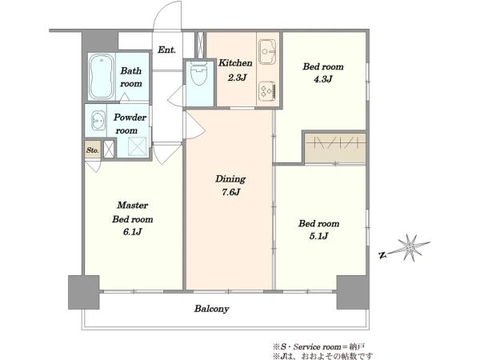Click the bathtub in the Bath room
[x=102, y=77]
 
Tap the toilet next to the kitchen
[x=199, y=74]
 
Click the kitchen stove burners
[x=267, y=90]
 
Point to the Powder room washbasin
[x=98, y=120]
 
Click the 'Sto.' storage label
[x=93, y=150]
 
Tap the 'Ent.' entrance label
[x=167, y=50]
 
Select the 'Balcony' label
[x=211, y=309]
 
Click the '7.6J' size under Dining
[x=231, y=192]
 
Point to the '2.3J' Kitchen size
[x=237, y=78]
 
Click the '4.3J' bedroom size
[x=322, y=79]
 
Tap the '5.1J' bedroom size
[x=318, y=236]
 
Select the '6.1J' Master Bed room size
[x=133, y=232]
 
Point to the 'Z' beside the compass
[x=382, y=255]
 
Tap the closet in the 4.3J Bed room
[x=336, y=148]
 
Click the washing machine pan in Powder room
[x=137, y=147]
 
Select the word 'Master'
[x=133, y=205]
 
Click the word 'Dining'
[x=230, y=179]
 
